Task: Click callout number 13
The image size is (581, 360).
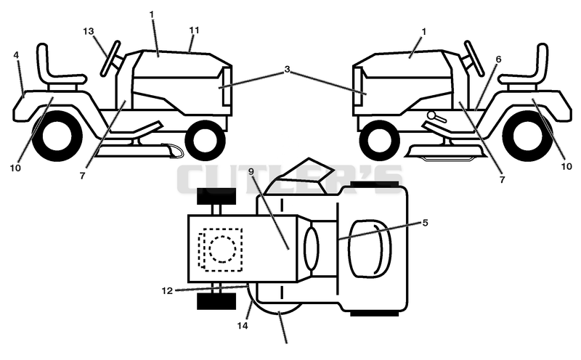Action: [x=89, y=31]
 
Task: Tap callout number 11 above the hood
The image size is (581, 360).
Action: [x=194, y=30]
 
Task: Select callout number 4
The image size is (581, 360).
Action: [x=16, y=55]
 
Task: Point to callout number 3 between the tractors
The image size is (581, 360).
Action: [x=287, y=69]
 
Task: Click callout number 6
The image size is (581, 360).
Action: [x=499, y=60]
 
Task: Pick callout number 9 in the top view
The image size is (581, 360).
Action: [x=251, y=171]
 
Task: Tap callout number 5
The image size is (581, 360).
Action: [x=425, y=223]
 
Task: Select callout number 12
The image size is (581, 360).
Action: [x=167, y=291]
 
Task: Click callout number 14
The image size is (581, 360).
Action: [x=243, y=326]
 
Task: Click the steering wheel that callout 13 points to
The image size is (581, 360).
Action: [x=111, y=59]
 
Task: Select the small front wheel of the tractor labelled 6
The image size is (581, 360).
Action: [x=379, y=140]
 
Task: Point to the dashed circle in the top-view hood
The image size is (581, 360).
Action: [x=222, y=249]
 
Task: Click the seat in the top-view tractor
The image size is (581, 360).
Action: [x=370, y=248]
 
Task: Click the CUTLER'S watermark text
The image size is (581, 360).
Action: [x=290, y=179]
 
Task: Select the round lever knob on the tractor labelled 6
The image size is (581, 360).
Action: [x=431, y=115]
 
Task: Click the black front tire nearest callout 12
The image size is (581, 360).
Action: [x=216, y=300]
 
